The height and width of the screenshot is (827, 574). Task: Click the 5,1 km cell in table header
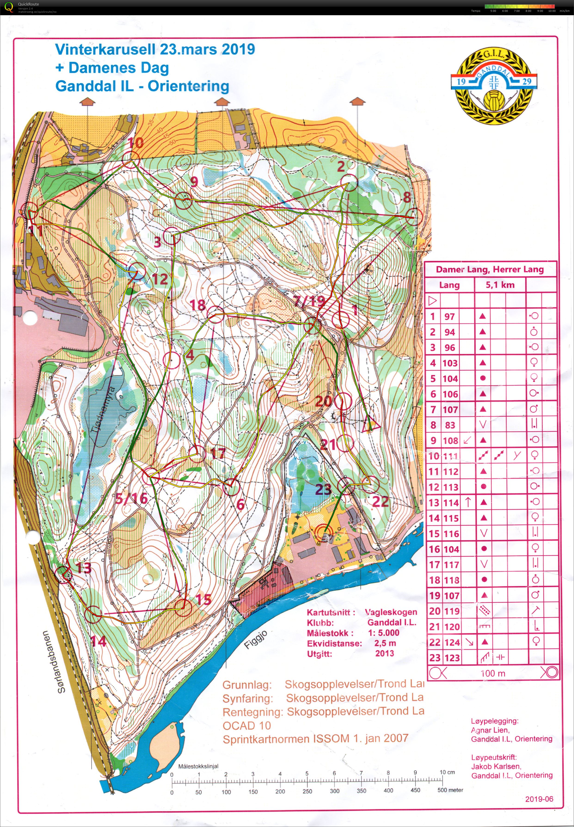point(500,285)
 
